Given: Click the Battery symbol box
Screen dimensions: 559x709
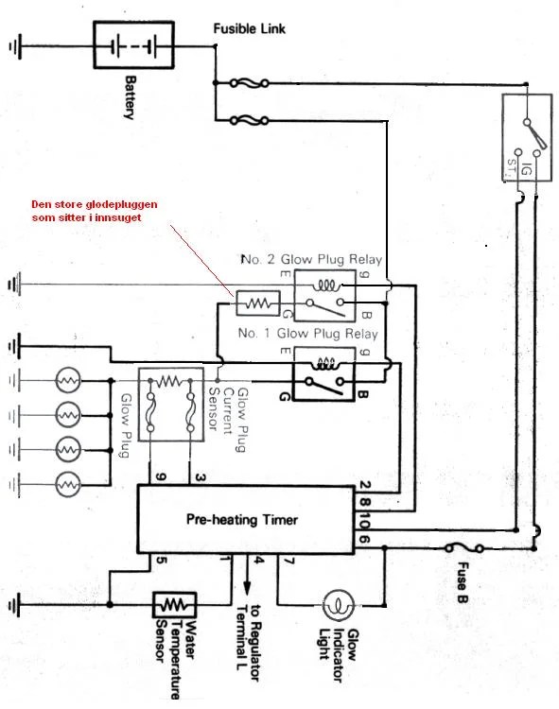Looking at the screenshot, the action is pyautogui.click(x=133, y=44).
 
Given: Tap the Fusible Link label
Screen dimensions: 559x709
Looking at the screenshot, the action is pyautogui.click(x=249, y=29).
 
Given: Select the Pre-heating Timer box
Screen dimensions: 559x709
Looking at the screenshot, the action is pyautogui.click(x=246, y=519).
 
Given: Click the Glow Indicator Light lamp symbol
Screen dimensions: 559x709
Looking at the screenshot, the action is pyautogui.click(x=338, y=605).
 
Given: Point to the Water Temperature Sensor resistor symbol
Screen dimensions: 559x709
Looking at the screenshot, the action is pyautogui.click(x=175, y=605).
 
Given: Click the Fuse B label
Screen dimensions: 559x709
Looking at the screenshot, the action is pyautogui.click(x=463, y=582).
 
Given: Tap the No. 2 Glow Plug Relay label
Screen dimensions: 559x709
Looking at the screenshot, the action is pyautogui.click(x=312, y=260).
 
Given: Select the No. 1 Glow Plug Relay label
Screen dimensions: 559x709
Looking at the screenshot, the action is pyautogui.click(x=308, y=334).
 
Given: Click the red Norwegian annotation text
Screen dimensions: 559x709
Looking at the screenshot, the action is pyautogui.click(x=94, y=211).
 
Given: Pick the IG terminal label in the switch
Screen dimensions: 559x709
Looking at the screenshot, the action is pyautogui.click(x=527, y=169).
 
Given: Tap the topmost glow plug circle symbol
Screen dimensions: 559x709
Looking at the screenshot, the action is pyautogui.click(x=68, y=380).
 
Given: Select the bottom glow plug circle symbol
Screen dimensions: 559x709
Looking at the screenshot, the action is pyautogui.click(x=68, y=485).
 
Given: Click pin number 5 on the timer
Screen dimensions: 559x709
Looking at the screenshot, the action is pyautogui.click(x=162, y=561).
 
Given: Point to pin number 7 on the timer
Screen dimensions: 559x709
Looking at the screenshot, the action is pyautogui.click(x=289, y=562).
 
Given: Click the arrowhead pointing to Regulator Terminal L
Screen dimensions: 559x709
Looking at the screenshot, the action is pyautogui.click(x=247, y=588).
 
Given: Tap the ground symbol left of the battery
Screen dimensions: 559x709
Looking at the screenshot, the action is pyautogui.click(x=14, y=46).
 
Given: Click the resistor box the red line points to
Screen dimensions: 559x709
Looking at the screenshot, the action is pyautogui.click(x=258, y=303).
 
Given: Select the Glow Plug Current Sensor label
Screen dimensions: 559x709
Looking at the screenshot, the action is pyautogui.click(x=228, y=419).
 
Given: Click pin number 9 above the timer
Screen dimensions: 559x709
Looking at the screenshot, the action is pyautogui.click(x=161, y=476).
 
